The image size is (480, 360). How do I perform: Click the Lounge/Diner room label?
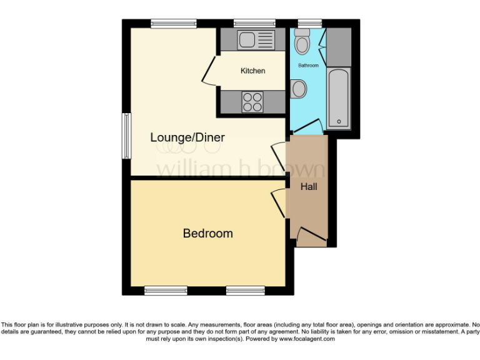point(187,137)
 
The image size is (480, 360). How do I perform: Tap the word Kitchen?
point(252,71)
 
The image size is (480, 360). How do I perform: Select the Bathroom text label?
point(307,66)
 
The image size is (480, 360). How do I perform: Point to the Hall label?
point(309,186)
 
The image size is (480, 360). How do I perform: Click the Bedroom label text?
point(207,234)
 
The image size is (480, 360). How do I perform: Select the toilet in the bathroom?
point(303,43)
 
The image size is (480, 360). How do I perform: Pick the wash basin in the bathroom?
point(298,89)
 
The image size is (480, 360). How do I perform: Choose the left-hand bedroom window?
point(166,290)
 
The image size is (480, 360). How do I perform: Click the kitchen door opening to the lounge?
point(209,71)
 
